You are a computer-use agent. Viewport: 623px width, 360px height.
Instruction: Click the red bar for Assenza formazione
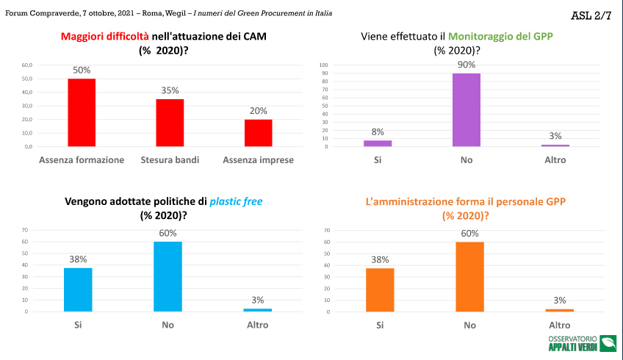[82, 112]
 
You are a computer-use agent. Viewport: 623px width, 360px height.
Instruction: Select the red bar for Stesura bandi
[170, 123]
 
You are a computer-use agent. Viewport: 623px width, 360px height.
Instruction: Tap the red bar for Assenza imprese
[258, 133]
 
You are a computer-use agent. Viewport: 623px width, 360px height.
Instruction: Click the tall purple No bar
[467, 110]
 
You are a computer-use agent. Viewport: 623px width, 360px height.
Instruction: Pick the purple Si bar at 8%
[378, 143]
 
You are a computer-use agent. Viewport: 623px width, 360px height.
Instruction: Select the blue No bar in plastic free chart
[168, 276]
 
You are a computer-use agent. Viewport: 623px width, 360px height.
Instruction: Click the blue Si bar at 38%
[78, 289]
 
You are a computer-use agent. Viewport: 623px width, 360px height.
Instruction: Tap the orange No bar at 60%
[469, 276]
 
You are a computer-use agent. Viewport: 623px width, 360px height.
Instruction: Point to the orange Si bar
[380, 289]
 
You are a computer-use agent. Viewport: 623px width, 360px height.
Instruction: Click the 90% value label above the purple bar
[467, 65]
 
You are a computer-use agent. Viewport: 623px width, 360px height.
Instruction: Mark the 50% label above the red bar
[82, 71]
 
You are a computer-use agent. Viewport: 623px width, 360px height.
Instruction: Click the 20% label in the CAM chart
[258, 111]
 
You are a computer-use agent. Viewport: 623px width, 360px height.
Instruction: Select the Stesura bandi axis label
[170, 159]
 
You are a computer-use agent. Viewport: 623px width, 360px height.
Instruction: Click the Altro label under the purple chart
[555, 159]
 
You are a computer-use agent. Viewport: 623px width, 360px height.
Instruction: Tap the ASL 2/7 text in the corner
[591, 15]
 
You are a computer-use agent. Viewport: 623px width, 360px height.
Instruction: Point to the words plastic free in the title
[237, 201]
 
